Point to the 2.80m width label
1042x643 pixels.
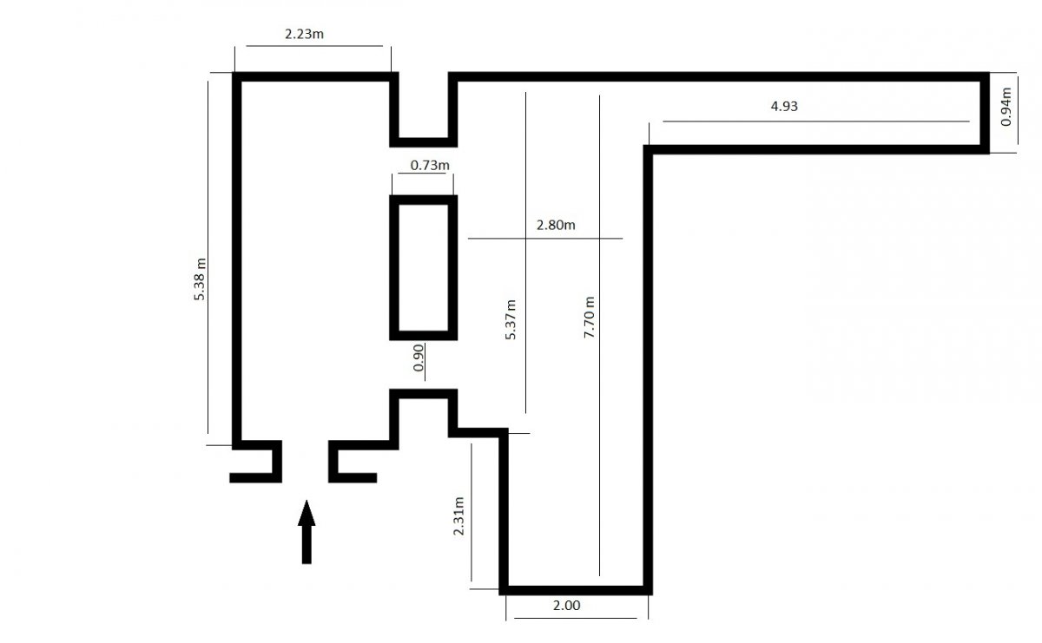(x=556, y=225)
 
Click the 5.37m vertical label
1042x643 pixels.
(x=511, y=320)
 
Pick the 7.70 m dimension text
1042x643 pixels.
(x=590, y=318)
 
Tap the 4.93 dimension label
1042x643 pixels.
(x=783, y=108)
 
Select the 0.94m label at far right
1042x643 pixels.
(x=1006, y=106)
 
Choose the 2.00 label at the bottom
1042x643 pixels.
(x=566, y=606)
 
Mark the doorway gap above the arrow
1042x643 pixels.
(x=305, y=459)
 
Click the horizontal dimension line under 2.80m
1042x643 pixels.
(x=544, y=238)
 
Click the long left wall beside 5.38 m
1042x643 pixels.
(x=237, y=260)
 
